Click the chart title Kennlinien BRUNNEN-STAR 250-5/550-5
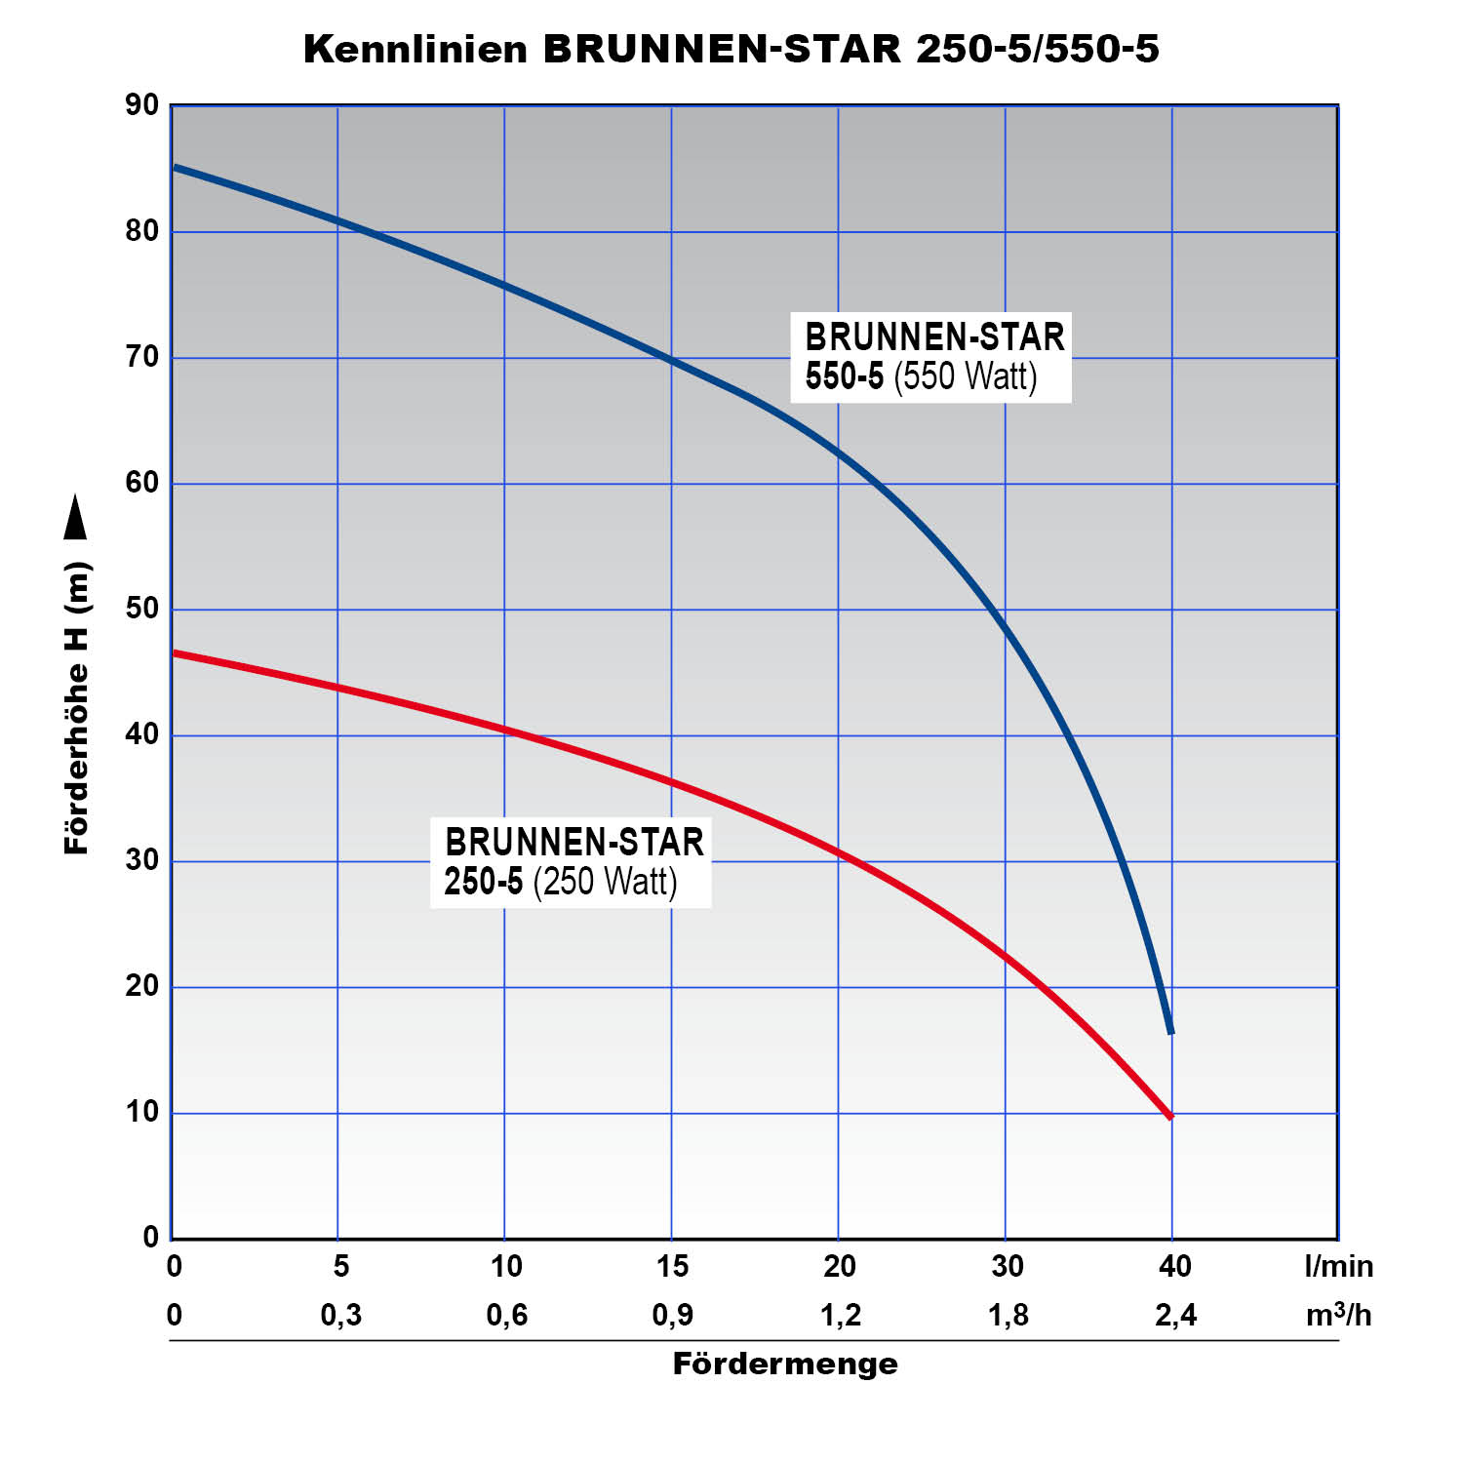[731, 49]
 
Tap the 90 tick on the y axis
[142, 105]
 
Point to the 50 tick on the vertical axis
[142, 609]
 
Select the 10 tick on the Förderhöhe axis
[142, 1112]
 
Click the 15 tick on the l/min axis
[673, 1266]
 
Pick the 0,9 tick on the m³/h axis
[673, 1315]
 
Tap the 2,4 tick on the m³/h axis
[1175, 1315]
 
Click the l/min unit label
[1338, 1266]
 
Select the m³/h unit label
[1338, 1315]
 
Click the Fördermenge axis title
[785, 1364]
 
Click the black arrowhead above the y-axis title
[75, 517]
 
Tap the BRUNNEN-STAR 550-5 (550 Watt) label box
[933, 357]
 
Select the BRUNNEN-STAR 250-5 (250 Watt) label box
[572, 862]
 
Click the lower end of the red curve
[1169, 1116]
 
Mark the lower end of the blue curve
[1170, 1031]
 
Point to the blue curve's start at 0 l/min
[175, 168]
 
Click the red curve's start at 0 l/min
[175, 652]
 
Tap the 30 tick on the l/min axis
[1008, 1266]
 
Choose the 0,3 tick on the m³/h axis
[340, 1315]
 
